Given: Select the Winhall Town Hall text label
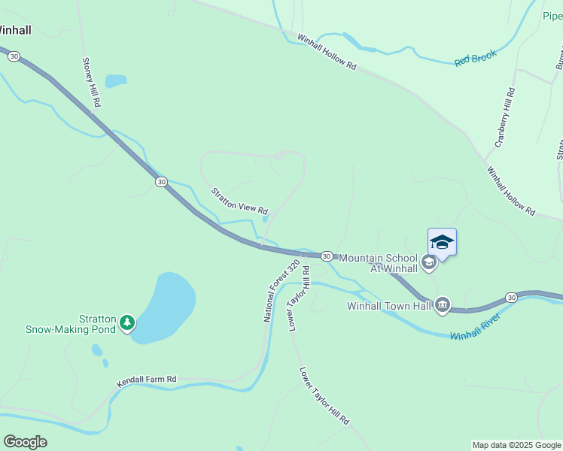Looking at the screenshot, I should click(388, 306).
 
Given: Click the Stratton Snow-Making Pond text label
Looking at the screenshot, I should click(71, 324).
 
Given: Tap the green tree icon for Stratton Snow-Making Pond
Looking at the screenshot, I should click(128, 323).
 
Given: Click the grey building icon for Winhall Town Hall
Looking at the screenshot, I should click(443, 304).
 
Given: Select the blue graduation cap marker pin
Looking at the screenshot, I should click(442, 242).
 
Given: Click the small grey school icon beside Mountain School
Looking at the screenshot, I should click(428, 262).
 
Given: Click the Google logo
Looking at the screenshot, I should click(25, 442).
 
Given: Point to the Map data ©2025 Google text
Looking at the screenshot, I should click(516, 445).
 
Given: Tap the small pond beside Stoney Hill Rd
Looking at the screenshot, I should click(116, 80).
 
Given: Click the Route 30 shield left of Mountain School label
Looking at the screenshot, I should click(327, 256).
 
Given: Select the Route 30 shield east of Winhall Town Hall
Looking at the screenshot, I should click(511, 298).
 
